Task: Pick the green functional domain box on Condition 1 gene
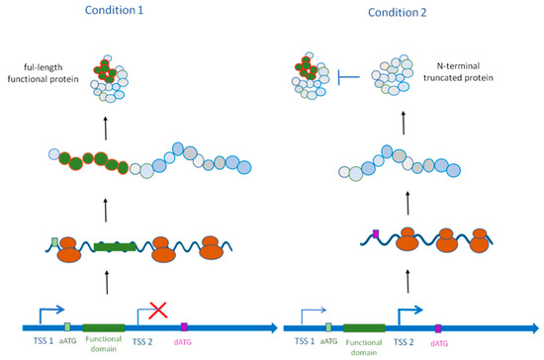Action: click(103, 325)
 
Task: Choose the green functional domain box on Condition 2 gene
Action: click(364, 325)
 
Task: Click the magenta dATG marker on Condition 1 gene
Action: click(184, 325)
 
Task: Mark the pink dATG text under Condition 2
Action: click(440, 343)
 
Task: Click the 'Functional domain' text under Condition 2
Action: click(364, 347)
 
